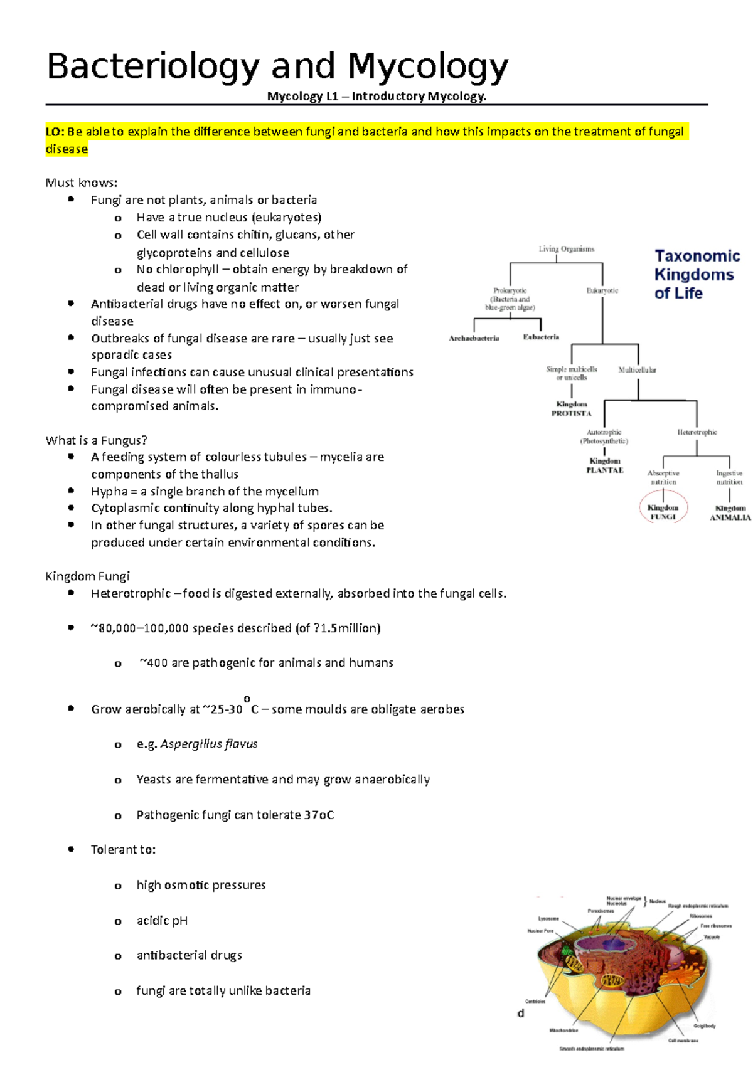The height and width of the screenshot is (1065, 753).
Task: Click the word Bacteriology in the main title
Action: (x=152, y=66)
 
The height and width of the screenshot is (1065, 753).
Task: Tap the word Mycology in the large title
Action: (x=428, y=66)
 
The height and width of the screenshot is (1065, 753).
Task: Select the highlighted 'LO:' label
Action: (x=55, y=132)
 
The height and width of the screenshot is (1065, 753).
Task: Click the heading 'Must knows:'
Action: (x=82, y=183)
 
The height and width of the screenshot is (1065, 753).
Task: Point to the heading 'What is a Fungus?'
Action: (x=96, y=440)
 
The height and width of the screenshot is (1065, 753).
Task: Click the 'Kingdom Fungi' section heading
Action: (x=87, y=576)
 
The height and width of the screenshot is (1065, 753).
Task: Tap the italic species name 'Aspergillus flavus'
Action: (x=209, y=744)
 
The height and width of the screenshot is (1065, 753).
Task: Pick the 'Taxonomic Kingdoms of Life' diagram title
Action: (x=697, y=274)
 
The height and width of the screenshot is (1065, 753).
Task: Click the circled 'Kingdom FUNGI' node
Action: (x=663, y=512)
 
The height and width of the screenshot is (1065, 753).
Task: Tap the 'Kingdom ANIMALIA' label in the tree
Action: (x=730, y=512)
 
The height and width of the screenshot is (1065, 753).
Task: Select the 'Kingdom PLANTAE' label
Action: (x=605, y=465)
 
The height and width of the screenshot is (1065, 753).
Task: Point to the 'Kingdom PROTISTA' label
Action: (x=572, y=409)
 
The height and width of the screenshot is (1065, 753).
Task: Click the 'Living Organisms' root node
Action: (x=566, y=249)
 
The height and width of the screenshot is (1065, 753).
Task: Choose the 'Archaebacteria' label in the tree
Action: (x=474, y=338)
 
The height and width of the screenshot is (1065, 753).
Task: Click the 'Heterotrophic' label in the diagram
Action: (x=697, y=432)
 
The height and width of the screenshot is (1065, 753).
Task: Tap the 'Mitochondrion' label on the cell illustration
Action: (x=563, y=1030)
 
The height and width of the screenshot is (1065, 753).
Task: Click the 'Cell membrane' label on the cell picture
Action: (x=683, y=1040)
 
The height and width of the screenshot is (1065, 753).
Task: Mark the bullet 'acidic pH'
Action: (x=162, y=920)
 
